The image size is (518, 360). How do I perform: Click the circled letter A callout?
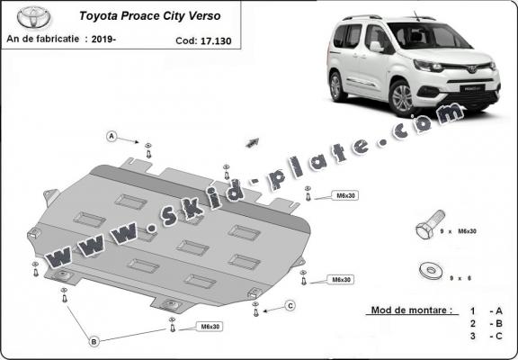pyautogui.click(x=112, y=137)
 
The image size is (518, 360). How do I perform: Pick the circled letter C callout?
pyautogui.click(x=291, y=306)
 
